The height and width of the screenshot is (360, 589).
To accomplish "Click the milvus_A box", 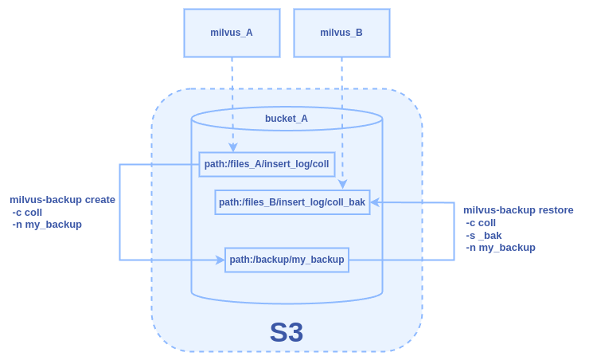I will [x=232, y=33].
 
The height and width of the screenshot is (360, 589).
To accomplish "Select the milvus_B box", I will [x=341, y=33].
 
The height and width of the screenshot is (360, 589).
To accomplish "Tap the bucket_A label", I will [x=287, y=119].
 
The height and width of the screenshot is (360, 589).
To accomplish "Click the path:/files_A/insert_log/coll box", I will [x=267, y=164].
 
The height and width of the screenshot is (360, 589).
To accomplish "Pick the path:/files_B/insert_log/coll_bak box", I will [x=292, y=202].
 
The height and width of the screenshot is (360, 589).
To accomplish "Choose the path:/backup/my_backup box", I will [x=287, y=260].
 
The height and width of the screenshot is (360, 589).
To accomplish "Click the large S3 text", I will [x=287, y=332].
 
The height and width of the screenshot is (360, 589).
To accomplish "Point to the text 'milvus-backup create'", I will [x=62, y=200].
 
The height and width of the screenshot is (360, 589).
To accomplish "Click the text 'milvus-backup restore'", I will [x=518, y=210].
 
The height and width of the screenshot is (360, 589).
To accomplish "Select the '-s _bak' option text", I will [x=484, y=235].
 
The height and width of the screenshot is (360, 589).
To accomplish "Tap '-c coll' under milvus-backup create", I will [x=28, y=213].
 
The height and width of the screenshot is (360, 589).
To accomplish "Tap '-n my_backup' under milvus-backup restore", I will [x=501, y=248].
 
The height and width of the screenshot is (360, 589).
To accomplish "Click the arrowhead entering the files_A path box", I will [x=233, y=147].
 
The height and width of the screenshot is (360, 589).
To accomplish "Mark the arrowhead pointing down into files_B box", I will [x=342, y=185].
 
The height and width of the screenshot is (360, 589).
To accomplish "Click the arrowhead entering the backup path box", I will [x=220, y=260].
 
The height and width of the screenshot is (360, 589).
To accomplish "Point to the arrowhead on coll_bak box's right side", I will [x=375, y=202].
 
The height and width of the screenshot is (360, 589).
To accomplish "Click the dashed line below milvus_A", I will [x=232, y=96].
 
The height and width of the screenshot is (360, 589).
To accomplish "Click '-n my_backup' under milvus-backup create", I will [x=47, y=225].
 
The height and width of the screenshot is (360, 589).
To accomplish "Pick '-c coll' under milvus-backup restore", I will [x=481, y=223].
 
